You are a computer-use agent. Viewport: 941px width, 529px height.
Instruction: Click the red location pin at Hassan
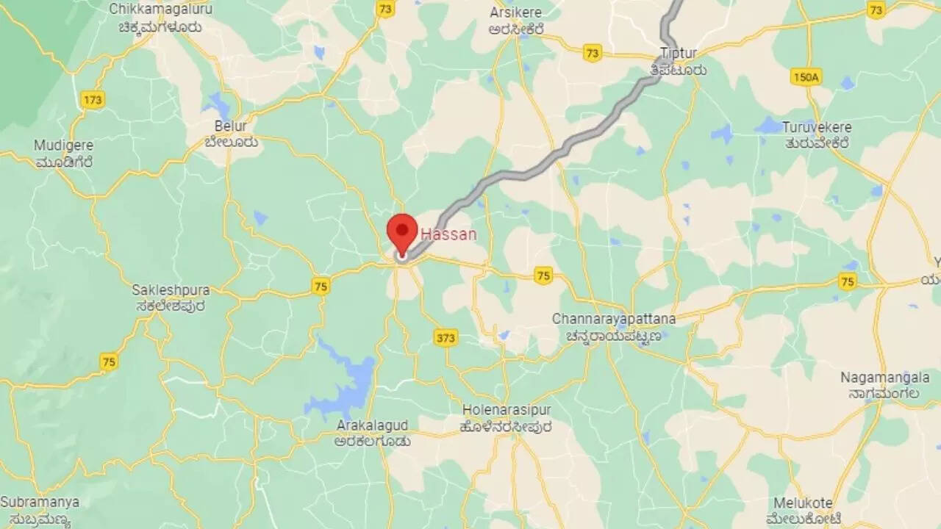[x=402, y=228]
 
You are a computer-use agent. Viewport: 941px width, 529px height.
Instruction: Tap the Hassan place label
[x=448, y=234]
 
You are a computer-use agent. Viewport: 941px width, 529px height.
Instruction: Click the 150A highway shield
[x=806, y=76]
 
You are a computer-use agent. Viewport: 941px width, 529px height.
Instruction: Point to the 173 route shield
[x=93, y=99]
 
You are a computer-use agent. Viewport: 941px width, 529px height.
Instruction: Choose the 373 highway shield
[x=446, y=337]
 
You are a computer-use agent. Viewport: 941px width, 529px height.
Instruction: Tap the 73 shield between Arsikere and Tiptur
[x=592, y=53]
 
